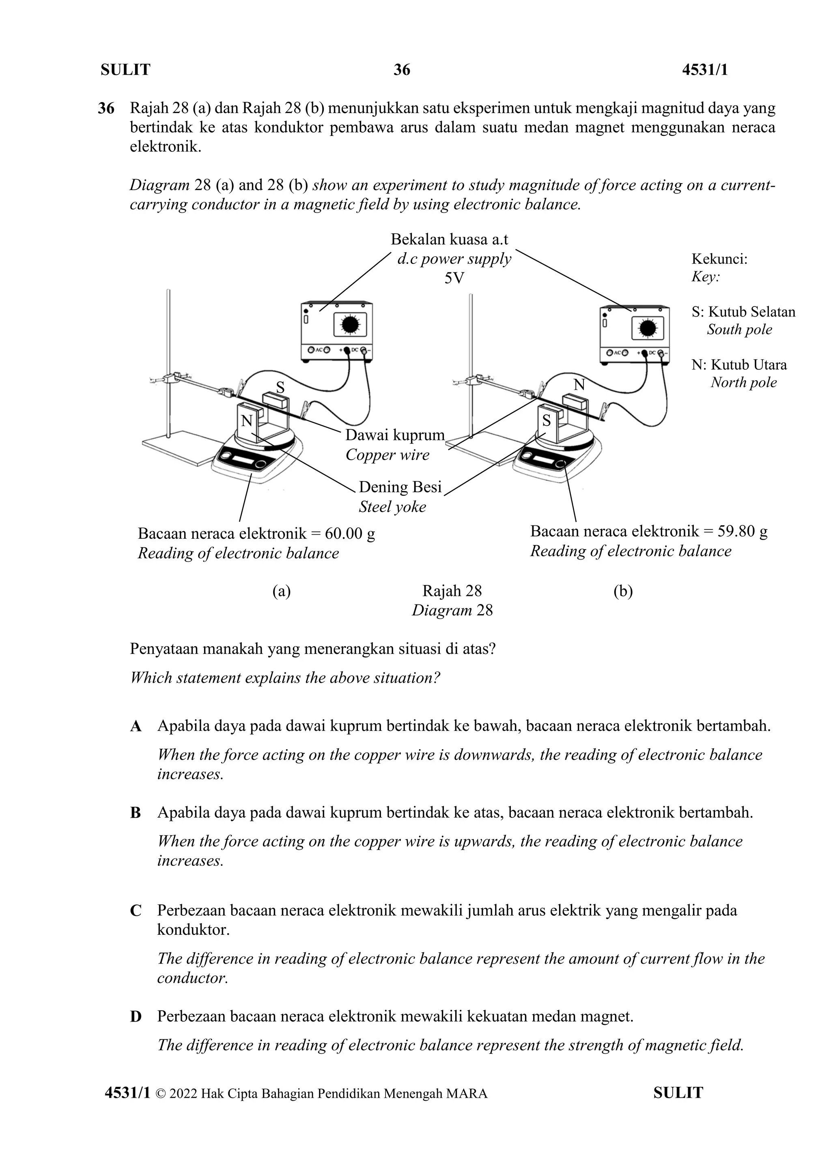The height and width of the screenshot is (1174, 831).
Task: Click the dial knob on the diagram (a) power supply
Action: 350,325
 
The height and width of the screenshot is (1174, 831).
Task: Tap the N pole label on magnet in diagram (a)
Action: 247,421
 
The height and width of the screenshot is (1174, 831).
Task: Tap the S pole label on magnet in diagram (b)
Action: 547,421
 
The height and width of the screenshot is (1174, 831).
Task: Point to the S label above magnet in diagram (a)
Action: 280,387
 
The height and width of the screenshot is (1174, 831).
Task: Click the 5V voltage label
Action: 454,278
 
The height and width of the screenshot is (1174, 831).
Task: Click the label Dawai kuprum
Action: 395,435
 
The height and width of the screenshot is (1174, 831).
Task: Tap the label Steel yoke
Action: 392,507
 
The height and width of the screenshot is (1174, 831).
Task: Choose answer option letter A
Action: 136,726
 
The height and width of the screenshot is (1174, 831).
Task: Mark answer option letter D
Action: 136,1017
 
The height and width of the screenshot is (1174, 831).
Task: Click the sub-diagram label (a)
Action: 282,591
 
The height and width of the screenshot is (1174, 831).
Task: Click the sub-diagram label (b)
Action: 623,591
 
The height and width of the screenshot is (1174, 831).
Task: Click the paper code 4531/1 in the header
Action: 705,70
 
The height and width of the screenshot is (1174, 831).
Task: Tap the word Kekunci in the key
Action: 719,259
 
